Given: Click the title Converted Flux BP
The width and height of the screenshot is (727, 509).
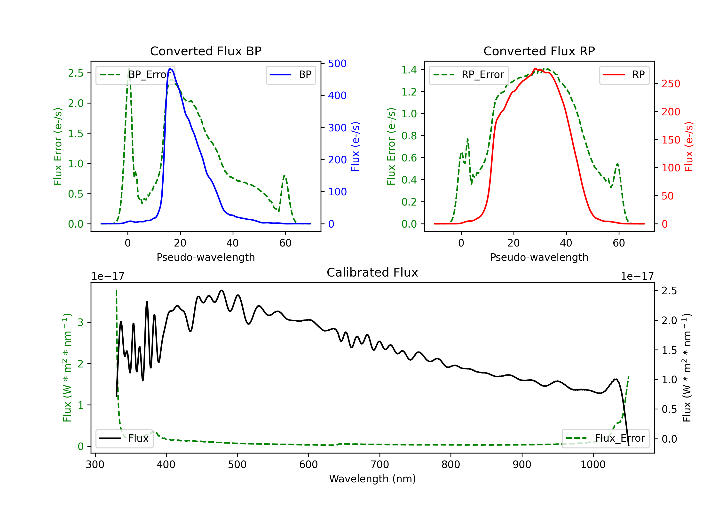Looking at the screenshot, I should coord(205,51).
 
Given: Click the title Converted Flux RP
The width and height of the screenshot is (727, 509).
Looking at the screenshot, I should coord(539,51).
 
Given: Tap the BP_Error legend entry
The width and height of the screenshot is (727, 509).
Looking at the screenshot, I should coord(135,75).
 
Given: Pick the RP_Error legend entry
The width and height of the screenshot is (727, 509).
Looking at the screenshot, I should coord(469,75).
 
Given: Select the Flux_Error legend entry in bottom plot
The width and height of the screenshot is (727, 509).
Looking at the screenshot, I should coord(605,438).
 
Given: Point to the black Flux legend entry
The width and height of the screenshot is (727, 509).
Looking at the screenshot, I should coord(125,438).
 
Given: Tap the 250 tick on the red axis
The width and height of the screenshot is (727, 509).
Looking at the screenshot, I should coord(671,84).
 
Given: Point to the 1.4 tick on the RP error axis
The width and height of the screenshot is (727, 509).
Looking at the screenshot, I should coord(409,70).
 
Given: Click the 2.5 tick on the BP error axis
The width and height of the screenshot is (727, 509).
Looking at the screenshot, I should coord(76,73).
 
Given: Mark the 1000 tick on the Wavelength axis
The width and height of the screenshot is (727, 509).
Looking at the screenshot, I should coord(593,465).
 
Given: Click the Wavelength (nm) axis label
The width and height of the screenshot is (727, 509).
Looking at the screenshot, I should coord(372,479).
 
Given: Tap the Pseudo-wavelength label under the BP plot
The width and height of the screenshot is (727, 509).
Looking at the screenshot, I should coord(205,257).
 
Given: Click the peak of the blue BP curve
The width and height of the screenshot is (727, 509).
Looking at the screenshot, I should coord(170,69).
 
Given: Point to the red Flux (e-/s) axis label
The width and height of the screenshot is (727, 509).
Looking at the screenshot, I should coord(689,146).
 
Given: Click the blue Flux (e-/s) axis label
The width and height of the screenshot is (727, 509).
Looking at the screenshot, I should coord(355,146).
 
